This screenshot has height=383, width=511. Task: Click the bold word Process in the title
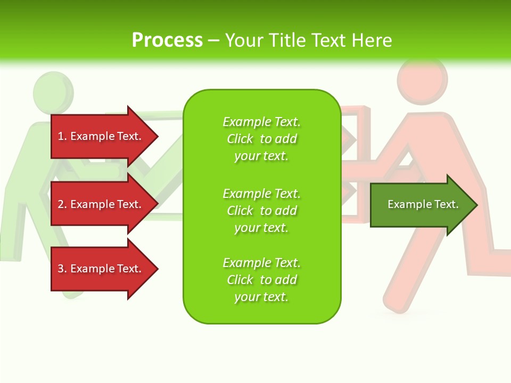(x=167, y=40)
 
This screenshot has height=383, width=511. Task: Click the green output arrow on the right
(x=421, y=205)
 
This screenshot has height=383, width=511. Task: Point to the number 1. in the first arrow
(x=62, y=136)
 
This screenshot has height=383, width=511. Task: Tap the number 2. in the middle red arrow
(x=62, y=204)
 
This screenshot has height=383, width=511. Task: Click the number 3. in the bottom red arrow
(x=62, y=269)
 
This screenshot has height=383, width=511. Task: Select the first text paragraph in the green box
(x=261, y=139)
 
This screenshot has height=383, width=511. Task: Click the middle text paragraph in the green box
(x=261, y=210)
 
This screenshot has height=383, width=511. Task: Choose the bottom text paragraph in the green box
(x=261, y=280)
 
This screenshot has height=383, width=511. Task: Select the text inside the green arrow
(x=423, y=204)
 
